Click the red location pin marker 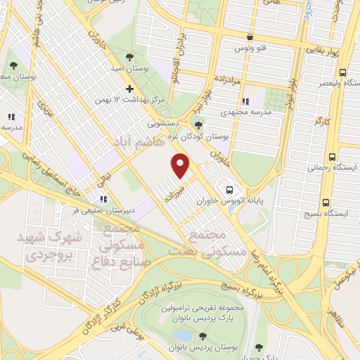(x=181, y=167)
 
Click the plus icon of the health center (x=129, y=89)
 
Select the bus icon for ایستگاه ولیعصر (x=342, y=72)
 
